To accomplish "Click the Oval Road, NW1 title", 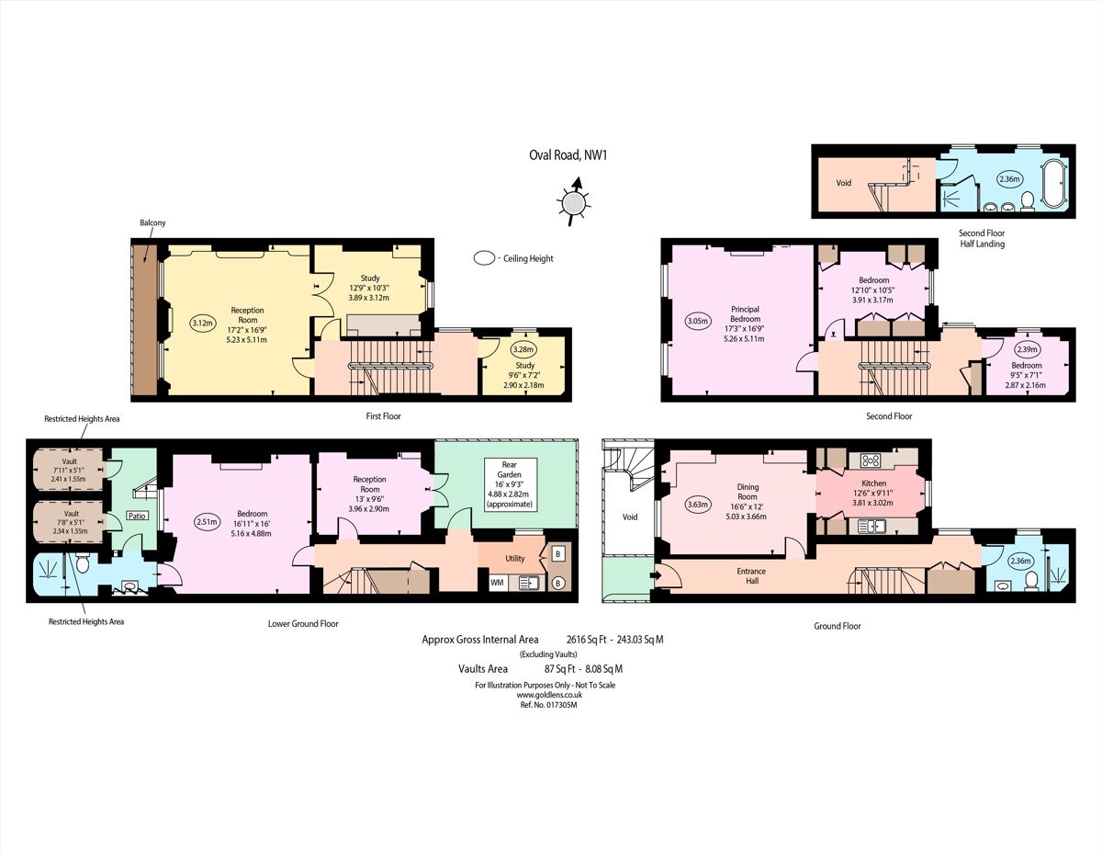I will click(568, 155).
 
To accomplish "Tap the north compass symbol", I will click(574, 201).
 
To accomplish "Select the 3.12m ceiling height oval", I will click(202, 323).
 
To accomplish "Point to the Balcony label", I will click(152, 223).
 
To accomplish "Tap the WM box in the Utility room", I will click(497, 583).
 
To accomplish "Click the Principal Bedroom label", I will click(745, 314).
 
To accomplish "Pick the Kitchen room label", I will click(873, 483).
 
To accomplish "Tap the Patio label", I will click(137, 516).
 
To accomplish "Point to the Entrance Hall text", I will click(751, 576).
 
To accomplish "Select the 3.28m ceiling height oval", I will click(524, 349).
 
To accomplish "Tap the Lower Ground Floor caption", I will click(303, 623).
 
